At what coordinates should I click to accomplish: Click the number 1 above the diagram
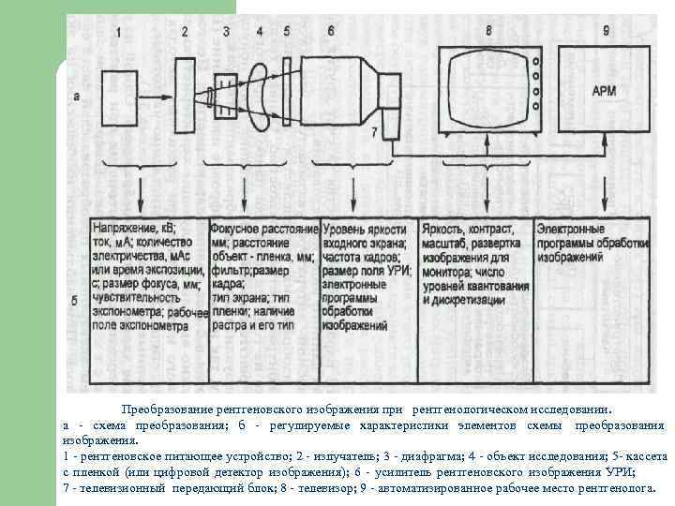point(119,32)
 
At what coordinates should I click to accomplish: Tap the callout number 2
point(185,32)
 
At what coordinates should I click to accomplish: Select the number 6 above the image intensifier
point(331,32)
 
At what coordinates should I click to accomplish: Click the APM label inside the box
point(605,92)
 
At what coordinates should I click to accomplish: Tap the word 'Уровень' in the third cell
point(346,228)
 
